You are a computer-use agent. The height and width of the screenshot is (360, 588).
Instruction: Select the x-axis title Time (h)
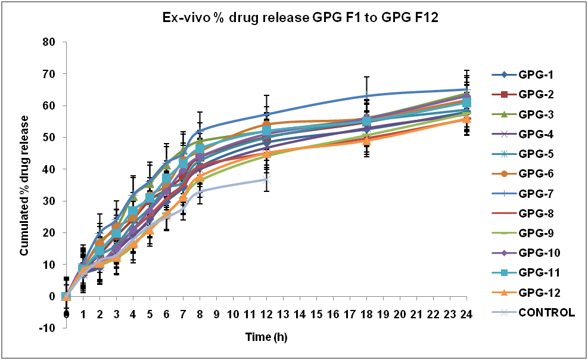(x=267, y=337)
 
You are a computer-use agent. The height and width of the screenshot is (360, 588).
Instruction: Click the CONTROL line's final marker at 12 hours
(x=266, y=179)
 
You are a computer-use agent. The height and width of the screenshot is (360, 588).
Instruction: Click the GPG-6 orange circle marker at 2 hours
(x=99, y=243)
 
